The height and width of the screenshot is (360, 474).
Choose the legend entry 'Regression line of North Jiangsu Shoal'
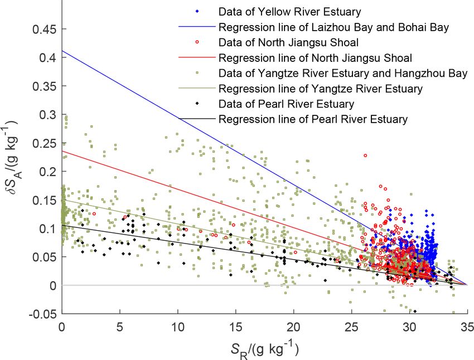[316, 57]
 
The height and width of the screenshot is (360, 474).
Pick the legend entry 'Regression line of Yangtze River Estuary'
[321, 88]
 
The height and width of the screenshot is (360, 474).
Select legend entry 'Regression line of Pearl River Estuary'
[313, 119]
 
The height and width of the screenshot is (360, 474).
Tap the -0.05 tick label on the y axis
[41, 314]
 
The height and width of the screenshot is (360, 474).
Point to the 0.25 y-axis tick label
[42, 143]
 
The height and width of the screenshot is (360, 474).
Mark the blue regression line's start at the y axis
[62, 51]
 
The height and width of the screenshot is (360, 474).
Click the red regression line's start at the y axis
[62, 150]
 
